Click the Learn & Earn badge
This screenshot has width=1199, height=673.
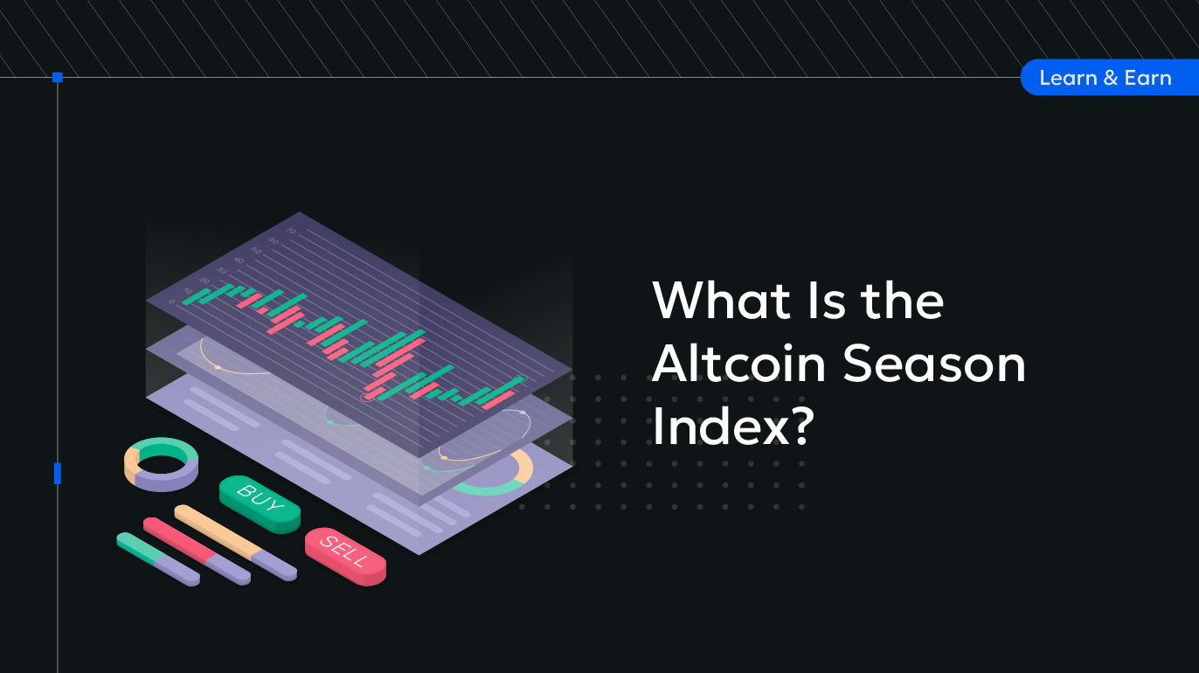pyautogui.click(x=1110, y=78)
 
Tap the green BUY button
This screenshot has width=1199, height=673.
pyautogui.click(x=260, y=503)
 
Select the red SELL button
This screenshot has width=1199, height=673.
pyautogui.click(x=345, y=556)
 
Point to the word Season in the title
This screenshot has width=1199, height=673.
pyautogui.click(x=934, y=364)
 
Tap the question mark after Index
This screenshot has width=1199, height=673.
pyautogui.click(x=803, y=425)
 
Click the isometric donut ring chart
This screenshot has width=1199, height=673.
pyautogui.click(x=161, y=464)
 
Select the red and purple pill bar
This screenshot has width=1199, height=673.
pyautogui.click(x=197, y=551)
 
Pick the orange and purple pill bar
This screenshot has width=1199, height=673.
pyautogui.click(x=236, y=543)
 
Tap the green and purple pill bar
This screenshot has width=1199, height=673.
pyautogui.click(x=158, y=559)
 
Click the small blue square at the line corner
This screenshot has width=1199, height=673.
pyautogui.click(x=58, y=78)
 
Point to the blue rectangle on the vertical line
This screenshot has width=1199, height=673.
pyautogui.click(x=58, y=474)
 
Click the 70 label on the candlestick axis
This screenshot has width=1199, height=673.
pyautogui.click(x=291, y=231)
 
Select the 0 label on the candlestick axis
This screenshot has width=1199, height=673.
pyautogui.click(x=171, y=302)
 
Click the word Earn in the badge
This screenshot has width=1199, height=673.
pyautogui.click(x=1147, y=78)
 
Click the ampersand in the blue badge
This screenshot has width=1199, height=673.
pyautogui.click(x=1111, y=78)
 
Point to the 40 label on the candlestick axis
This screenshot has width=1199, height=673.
pyautogui.click(x=239, y=261)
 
